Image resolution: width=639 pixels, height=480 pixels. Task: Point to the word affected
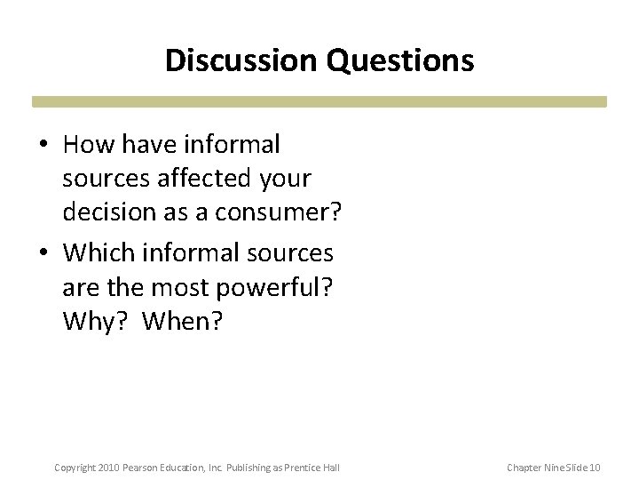204,179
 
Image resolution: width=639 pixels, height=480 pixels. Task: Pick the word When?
184,322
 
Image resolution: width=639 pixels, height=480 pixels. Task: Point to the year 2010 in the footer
109,468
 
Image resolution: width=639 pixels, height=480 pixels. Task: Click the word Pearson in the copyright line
144,468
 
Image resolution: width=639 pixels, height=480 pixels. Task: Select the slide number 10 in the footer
595,468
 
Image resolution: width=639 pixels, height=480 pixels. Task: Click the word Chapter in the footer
524,468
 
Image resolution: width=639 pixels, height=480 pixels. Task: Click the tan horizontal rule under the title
319,102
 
